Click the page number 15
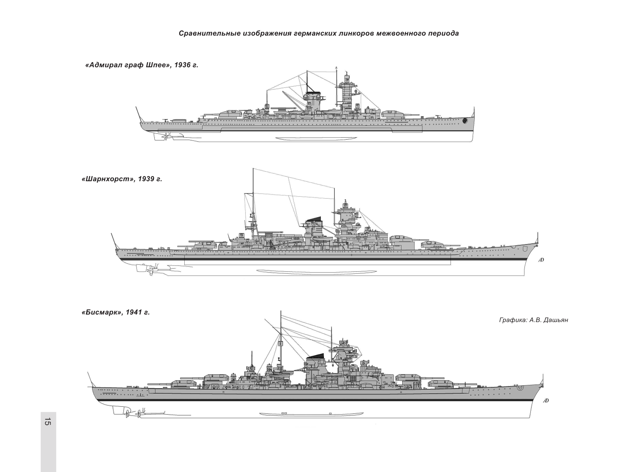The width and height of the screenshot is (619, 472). pos(48,422)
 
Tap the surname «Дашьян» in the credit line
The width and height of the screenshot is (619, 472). pos(555,320)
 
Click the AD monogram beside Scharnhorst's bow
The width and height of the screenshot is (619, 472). pos(541,260)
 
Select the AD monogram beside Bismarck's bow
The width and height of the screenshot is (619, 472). pos(545,401)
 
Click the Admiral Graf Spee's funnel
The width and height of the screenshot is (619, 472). pos(312,102)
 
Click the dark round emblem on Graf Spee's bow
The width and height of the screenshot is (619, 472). pos(465,120)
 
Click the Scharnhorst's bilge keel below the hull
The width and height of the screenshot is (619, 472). pos(316,272)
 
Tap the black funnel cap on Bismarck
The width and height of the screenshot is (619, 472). pos(316,355)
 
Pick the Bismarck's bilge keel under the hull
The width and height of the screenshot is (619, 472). pos(311,414)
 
